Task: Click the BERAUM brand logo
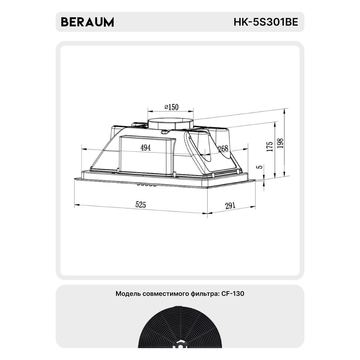tap(87, 22)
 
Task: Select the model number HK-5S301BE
tap(266, 22)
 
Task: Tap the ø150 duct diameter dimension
tap(171, 107)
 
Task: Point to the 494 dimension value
tap(145, 148)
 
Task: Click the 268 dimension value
tap(223, 148)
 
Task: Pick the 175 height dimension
tap(270, 146)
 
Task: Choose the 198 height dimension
tap(280, 143)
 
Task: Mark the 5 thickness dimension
tap(260, 166)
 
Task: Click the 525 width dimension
tap(140, 204)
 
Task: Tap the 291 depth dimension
tap(230, 205)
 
